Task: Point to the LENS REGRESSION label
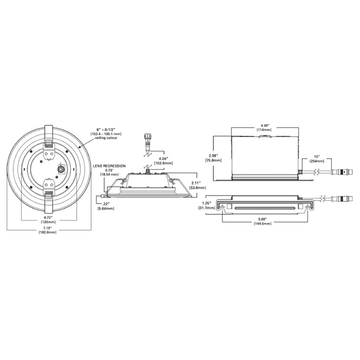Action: [x=109, y=166]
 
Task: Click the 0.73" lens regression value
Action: [x=108, y=170]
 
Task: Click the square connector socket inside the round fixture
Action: [x=61, y=169]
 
